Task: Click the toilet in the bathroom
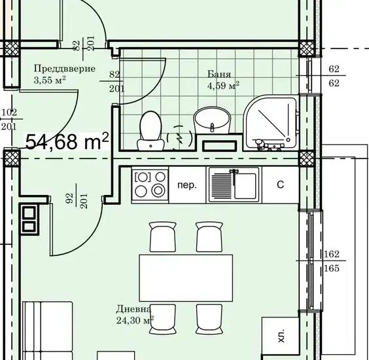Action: pos(150,131)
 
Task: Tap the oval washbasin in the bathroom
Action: pos(212,120)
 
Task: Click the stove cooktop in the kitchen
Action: pos(150,185)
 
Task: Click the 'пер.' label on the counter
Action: pos(186,185)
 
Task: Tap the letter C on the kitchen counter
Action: pos(280,185)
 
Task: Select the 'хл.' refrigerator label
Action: pos(281,336)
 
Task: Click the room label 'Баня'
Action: pos(219,75)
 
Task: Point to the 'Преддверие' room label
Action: pos(65,69)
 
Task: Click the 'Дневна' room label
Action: pos(133,309)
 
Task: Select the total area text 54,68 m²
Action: pos(67,141)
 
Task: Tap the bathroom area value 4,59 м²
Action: pos(223,86)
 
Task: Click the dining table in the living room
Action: pos(186,278)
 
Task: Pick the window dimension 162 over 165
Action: pos(332,261)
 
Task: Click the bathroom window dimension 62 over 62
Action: pos(334,76)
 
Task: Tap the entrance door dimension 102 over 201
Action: pos(9,120)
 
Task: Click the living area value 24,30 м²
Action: pos(135,320)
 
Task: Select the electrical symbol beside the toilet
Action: pos(180,137)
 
